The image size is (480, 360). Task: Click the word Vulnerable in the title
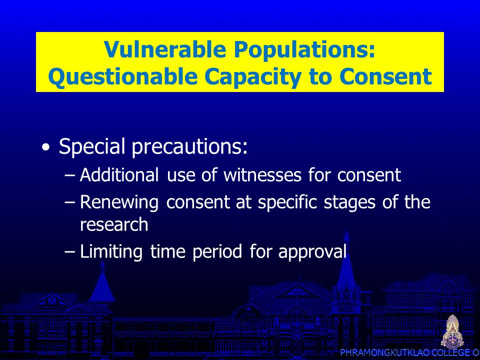tap(165, 49)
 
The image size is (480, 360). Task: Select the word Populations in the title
tap(304, 49)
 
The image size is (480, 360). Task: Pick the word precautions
tap(190, 146)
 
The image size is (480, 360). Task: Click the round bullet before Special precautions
tap(45, 147)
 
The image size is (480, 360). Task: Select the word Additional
tap(119, 175)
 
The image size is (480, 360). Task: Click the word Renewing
tap(119, 202)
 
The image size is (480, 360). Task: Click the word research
tap(114, 224)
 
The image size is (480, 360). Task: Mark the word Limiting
tap(111, 252)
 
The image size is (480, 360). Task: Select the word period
tap(217, 252)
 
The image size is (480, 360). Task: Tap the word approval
tap(312, 252)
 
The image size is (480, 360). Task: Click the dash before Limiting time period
tap(69, 252)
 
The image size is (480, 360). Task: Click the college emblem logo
tap(452, 331)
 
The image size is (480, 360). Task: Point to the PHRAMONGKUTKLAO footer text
tap(385, 352)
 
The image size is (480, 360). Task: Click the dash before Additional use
tap(69, 175)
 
